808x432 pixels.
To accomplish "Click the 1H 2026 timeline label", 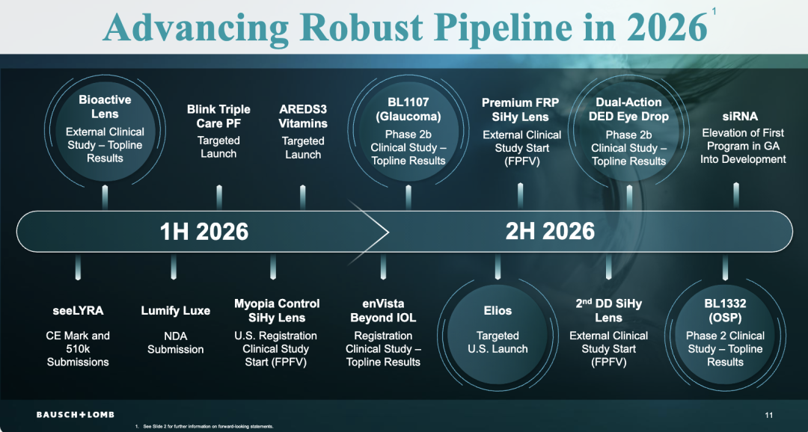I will [x=203, y=231].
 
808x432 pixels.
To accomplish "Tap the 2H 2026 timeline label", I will [x=550, y=231].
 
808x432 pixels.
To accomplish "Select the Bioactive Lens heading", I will [x=105, y=107].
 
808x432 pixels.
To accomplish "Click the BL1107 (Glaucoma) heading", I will [x=408, y=109].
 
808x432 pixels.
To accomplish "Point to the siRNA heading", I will [x=740, y=116].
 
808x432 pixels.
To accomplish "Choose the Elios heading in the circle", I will [x=498, y=310].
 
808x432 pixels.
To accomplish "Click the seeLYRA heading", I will [x=78, y=310].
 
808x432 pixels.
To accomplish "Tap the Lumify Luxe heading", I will [x=176, y=310].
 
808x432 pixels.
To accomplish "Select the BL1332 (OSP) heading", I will [x=725, y=310].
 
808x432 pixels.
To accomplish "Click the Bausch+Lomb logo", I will [x=75, y=415].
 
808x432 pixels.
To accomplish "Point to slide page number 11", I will [x=769, y=416].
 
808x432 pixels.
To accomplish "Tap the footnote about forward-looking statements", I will [x=204, y=427].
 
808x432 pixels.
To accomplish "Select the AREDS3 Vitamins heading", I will [x=303, y=116].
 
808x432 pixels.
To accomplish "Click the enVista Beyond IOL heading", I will [x=384, y=310].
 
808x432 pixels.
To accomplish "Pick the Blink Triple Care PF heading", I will [x=218, y=116].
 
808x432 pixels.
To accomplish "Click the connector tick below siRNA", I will [x=736, y=195].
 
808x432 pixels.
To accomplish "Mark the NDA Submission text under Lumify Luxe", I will [x=176, y=342].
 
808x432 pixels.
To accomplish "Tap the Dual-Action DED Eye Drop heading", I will [x=628, y=109].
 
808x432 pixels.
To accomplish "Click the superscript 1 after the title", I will [x=714, y=12].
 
